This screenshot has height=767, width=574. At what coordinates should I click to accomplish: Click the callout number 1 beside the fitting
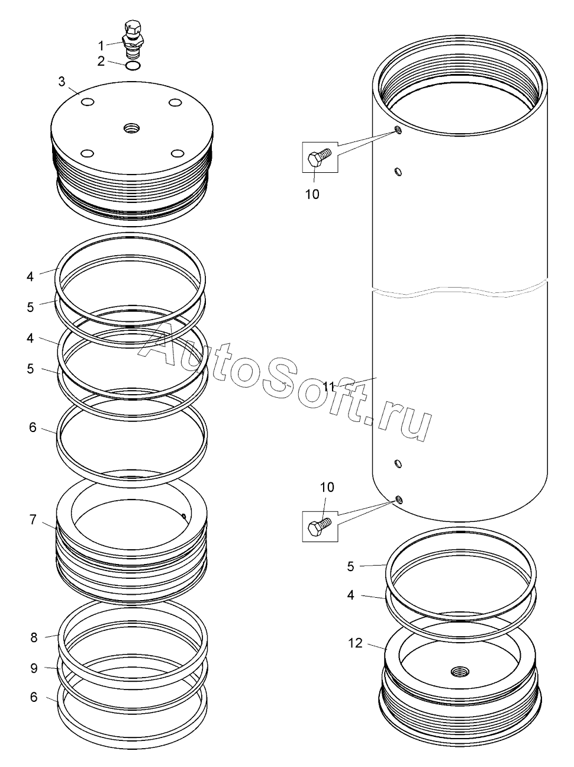(101, 46)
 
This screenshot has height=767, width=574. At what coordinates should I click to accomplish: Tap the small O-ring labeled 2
(133, 65)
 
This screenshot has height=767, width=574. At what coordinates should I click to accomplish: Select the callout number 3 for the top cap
(62, 82)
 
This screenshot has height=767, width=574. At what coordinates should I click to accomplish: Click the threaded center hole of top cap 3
(132, 128)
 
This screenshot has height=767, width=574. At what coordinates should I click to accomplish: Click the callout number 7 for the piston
(33, 520)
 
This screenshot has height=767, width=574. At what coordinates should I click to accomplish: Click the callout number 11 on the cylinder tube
(330, 387)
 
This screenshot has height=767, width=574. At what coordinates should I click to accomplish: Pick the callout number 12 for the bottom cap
(355, 643)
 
